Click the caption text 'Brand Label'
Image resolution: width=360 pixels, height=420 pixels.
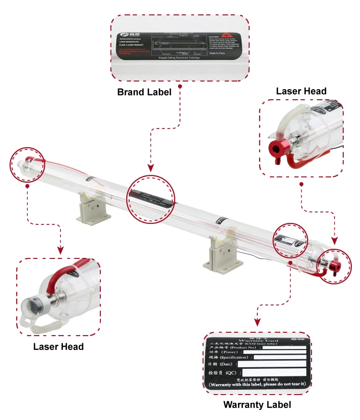pyautogui.click(x=144, y=92)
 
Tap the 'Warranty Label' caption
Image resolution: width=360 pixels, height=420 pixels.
pyautogui.click(x=257, y=405)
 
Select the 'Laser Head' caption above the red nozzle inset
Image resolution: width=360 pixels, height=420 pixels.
pyautogui.click(x=301, y=91)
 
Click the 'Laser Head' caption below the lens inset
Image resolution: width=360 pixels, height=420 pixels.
pyautogui.click(x=58, y=346)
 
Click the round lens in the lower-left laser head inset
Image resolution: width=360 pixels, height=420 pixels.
pyautogui.click(x=31, y=304)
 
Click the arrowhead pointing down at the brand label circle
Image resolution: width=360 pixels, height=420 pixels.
pyautogui.click(x=151, y=169)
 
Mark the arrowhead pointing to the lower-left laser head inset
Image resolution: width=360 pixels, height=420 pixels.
pyautogui.click(x=60, y=250)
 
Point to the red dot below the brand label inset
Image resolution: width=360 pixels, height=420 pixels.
pyautogui.click(x=180, y=87)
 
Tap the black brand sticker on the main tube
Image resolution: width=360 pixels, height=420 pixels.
pyautogui.click(x=150, y=197)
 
